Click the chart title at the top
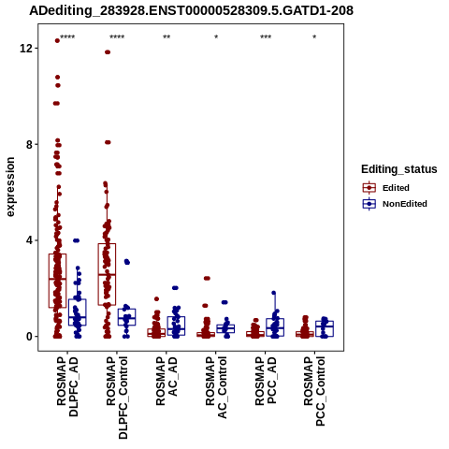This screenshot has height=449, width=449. click(191, 10)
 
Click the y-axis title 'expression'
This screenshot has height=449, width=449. click(10, 187)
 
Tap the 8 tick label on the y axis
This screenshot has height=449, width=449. click(29, 144)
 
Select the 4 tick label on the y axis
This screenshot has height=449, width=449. click(29, 240)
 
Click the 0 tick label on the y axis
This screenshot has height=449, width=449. click(29, 337)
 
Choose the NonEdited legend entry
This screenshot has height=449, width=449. click(395, 204)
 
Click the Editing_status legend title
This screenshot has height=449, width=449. click(399, 169)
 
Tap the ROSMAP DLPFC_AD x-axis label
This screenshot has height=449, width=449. click(67, 386)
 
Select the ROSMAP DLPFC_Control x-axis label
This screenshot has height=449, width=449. click(117, 398)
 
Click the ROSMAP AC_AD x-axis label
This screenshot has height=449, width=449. click(167, 381)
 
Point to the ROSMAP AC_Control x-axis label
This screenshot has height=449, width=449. click(216, 387)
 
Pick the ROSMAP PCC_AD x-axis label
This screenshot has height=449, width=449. click(266, 381)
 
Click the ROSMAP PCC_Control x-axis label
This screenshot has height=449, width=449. click(314, 391)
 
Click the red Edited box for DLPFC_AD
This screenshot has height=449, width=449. click(57, 281)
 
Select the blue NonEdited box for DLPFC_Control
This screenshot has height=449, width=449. click(126, 317)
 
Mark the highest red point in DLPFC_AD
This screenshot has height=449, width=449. click(57, 40)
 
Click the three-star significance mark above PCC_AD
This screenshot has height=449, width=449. click(266, 37)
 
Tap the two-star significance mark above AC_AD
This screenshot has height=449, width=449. click(167, 37)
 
